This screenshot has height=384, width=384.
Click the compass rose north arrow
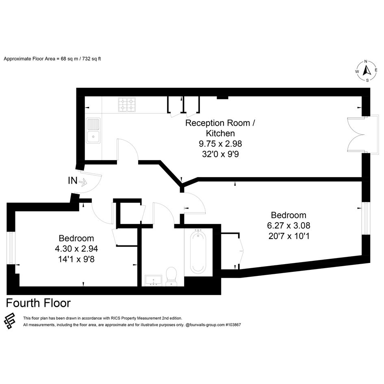tap(367, 71)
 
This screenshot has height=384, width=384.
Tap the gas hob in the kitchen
tap(127, 104)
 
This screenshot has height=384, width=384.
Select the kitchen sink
tap(93, 130)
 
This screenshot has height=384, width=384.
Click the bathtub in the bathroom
tap(198, 253)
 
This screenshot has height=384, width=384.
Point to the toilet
tap(171, 276)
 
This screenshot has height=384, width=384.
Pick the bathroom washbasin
tap(153, 280)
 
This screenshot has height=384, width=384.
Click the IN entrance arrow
tap(83, 182)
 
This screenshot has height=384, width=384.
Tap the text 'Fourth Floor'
tap(38, 303)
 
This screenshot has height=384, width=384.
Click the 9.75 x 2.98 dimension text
tap(220, 143)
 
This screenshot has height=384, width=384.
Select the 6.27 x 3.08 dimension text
tap(289, 225)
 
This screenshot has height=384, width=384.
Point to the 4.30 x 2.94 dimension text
tap(76, 249)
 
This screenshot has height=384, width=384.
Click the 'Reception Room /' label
tap(220, 123)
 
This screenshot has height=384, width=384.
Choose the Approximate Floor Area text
tap(52, 59)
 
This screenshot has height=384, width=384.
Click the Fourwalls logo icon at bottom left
tap(10, 321)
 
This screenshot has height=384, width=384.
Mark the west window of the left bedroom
tap(11, 248)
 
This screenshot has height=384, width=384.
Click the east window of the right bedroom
tap(366, 218)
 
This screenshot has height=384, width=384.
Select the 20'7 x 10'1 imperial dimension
tap(289, 236)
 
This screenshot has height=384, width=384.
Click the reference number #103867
tap(233, 325)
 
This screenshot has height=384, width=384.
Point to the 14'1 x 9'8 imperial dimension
tap(76, 259)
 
